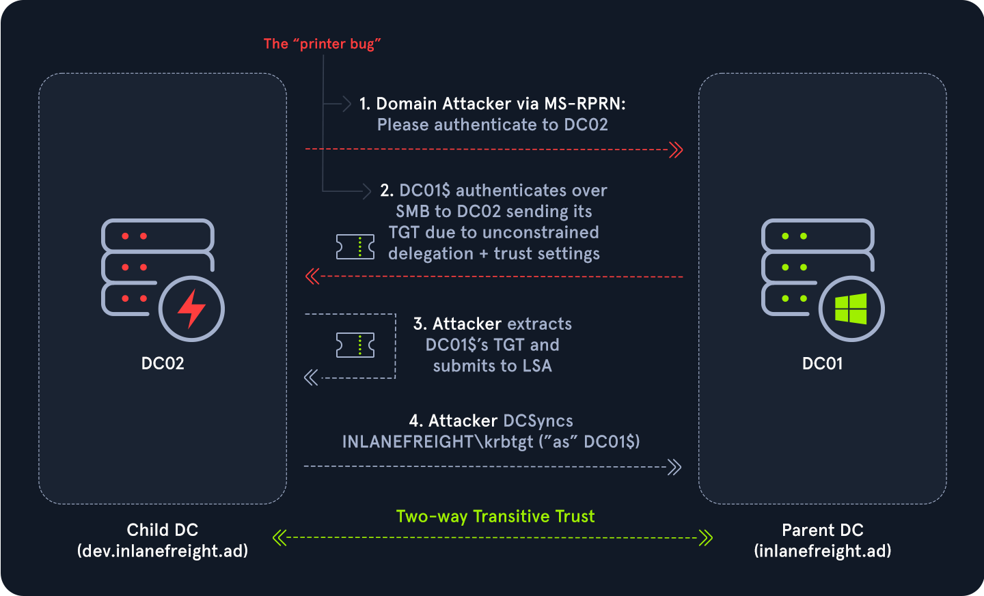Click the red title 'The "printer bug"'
tap(322, 44)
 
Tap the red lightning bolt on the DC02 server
tap(191, 309)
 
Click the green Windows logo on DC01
tap(851, 309)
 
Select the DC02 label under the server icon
tap(163, 363)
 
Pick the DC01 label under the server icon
tap(822, 363)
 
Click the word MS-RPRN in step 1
tap(584, 104)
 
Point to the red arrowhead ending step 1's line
tap(676, 150)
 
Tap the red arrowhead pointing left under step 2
tap(312, 276)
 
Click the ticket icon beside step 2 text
tap(355, 246)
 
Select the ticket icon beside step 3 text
tap(355, 345)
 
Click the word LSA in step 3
tap(537, 366)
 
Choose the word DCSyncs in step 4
tap(538, 421)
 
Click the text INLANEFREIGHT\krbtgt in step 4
tap(437, 442)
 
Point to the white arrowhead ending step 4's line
tap(674, 467)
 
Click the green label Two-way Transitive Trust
tap(495, 516)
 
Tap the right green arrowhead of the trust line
tap(706, 538)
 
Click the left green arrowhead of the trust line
tap(279, 538)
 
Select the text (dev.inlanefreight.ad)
tap(163, 551)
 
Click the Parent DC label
tap(823, 530)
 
